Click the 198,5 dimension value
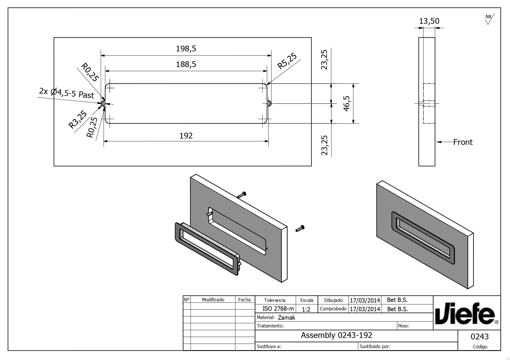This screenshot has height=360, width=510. coord(186,48)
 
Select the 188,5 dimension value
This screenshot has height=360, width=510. coord(186,64)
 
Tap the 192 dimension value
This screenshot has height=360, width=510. coord(186,136)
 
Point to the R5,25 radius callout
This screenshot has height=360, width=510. coord(287,61)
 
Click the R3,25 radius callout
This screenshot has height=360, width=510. coord(78,119)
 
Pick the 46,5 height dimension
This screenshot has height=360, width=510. coord(347,103)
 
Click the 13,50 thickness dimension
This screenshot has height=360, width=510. coord(429,21)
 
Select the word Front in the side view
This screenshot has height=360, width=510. coord(463,142)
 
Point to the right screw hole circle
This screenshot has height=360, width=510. coord(269,103)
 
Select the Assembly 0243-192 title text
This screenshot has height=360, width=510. coord(337,335)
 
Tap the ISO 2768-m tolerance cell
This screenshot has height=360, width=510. coord(278,309)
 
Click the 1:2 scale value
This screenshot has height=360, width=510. coord(306,309)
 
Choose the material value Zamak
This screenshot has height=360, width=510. coord(287,318)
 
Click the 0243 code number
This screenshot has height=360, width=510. coord(480,336)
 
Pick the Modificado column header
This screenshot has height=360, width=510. coord(213,300)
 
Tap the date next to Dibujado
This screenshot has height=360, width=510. coord(365,300)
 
